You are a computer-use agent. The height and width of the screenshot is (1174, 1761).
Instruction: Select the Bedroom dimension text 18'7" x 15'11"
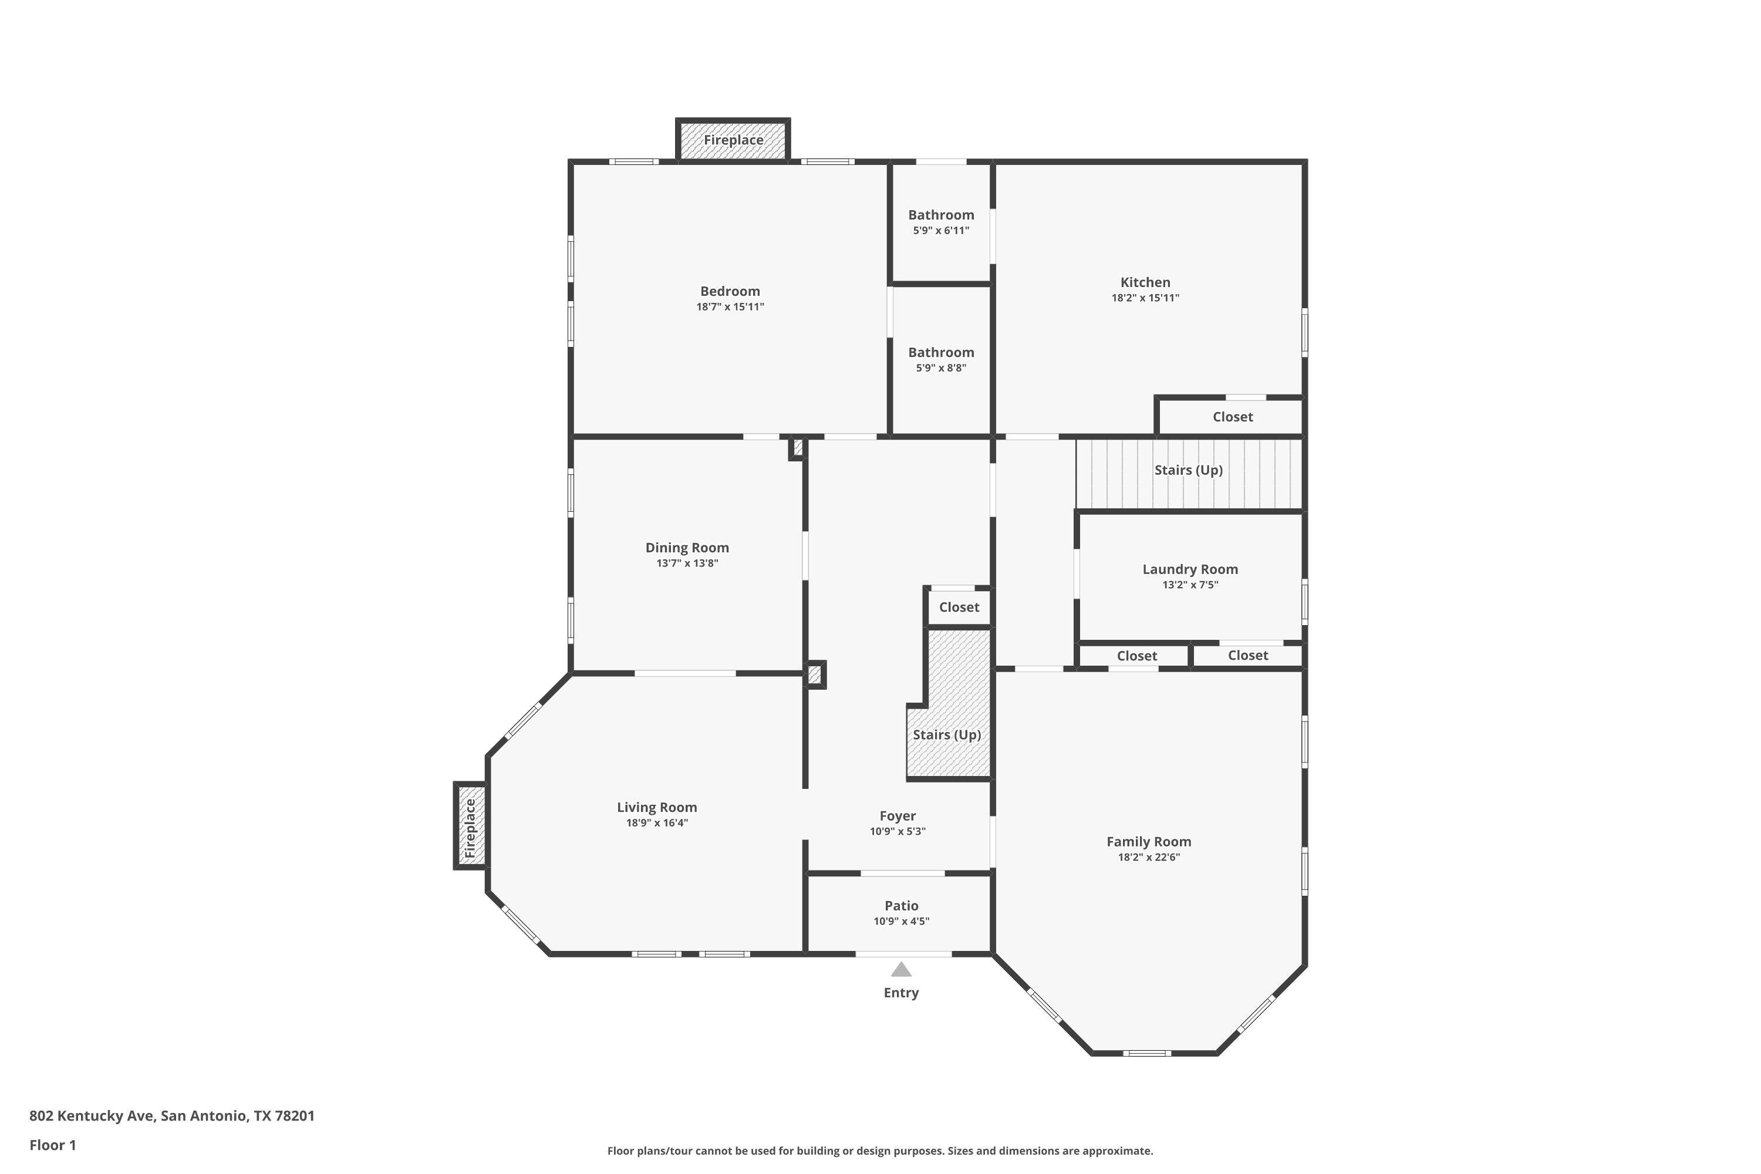point(730,307)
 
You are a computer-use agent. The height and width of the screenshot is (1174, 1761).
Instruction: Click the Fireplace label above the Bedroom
point(733,140)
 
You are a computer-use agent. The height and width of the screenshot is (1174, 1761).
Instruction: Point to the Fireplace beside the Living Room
point(470,826)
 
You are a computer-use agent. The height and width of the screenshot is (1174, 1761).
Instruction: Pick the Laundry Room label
point(1190,569)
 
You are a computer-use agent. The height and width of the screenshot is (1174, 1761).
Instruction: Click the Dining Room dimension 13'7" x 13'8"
point(687,563)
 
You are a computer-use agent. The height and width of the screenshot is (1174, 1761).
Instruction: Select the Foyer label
point(897,816)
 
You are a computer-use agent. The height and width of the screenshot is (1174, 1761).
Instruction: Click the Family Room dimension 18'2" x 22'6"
point(1149,857)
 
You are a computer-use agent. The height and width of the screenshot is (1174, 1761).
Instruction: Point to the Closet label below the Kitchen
point(1232,417)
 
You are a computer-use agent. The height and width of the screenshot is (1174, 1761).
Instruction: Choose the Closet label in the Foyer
point(959,607)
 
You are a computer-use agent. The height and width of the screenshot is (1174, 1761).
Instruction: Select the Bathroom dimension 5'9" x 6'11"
point(941,231)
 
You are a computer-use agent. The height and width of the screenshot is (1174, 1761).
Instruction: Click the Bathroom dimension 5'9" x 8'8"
point(941,367)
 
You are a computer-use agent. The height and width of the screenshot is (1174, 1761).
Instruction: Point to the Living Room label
point(657,807)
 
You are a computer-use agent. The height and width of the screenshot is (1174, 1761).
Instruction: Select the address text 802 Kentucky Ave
point(92,1116)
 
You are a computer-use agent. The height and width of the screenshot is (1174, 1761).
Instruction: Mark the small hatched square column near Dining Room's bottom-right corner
point(815,674)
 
